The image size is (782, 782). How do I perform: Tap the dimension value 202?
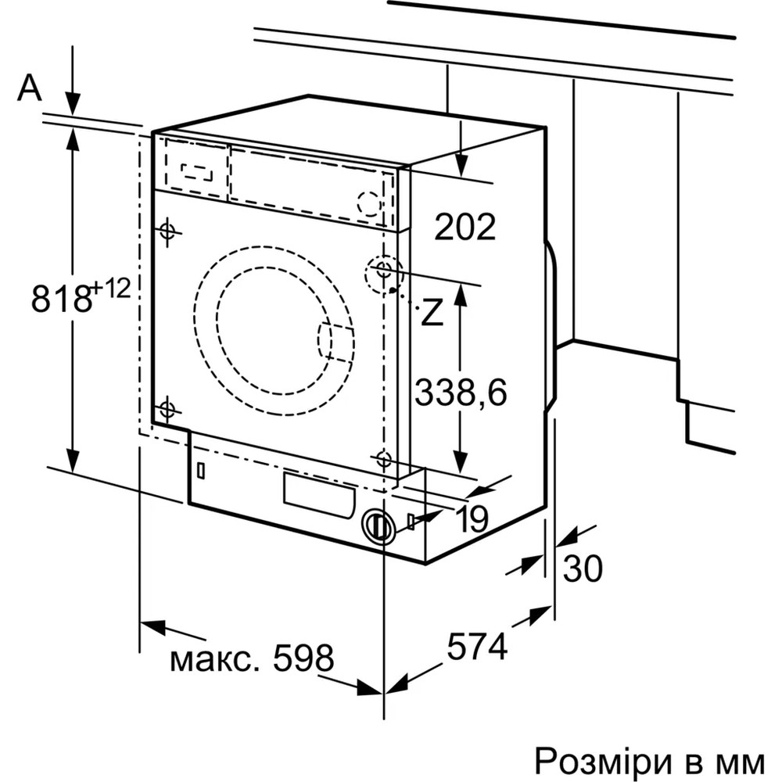tap(465, 227)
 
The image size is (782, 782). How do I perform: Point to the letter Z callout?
tap(432, 313)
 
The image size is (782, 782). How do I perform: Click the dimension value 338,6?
tap(461, 392)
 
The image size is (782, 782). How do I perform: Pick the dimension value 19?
tap(472, 518)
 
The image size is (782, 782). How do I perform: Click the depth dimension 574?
tap(477, 646)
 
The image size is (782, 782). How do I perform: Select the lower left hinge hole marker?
tap(167, 409)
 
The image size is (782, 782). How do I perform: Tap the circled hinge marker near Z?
tap(382, 271)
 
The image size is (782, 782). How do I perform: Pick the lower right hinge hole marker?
tap(383, 460)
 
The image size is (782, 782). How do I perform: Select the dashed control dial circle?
tap(368, 202)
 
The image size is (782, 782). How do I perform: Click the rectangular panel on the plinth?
tap(317, 495)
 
